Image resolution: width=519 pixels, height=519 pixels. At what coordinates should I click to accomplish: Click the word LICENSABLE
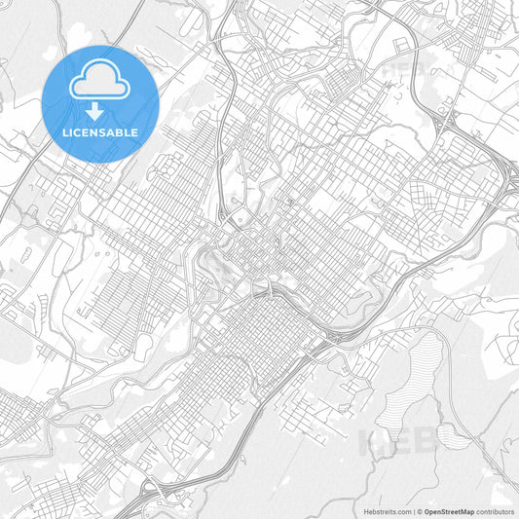coord(100,131)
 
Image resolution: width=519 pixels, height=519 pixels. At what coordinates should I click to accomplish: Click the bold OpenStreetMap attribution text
coord(449,511)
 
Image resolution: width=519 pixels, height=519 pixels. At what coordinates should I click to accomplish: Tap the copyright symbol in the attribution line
coord(419,511)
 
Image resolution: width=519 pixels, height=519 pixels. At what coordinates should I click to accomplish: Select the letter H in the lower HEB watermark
coord(375,442)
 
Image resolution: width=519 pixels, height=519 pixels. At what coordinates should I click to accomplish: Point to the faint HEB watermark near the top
coord(399,70)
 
